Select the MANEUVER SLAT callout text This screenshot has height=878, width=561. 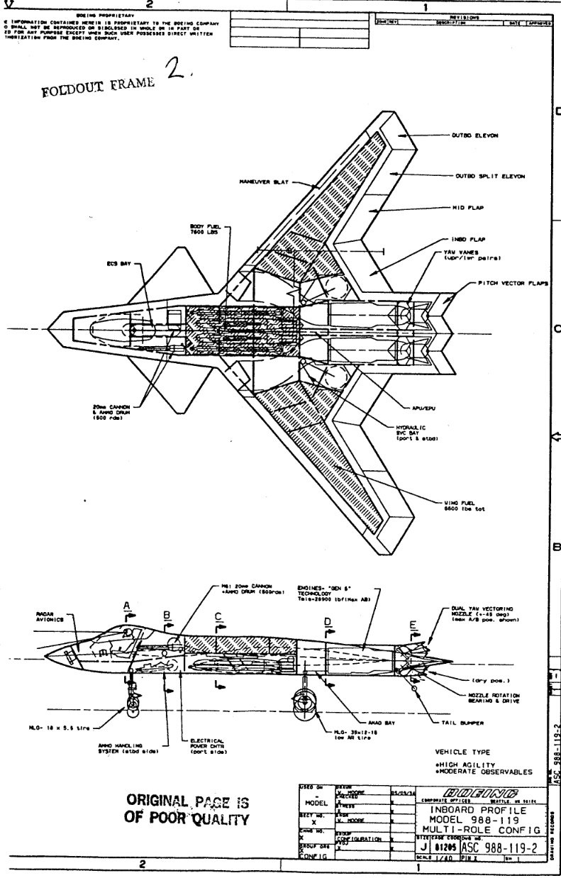pos(262,181)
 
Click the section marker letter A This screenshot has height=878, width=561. pos(126,605)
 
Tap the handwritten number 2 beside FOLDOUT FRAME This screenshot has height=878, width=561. pos(174,70)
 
